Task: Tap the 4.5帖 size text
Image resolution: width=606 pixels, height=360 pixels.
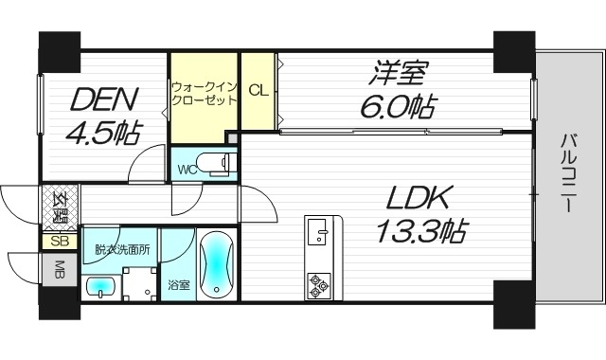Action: click(102, 132)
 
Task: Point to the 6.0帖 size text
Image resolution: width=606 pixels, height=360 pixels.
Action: click(399, 105)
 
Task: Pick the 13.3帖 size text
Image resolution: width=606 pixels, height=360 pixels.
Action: click(422, 230)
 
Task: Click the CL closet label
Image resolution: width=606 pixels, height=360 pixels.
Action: click(258, 90)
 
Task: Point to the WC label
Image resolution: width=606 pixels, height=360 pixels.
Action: click(187, 171)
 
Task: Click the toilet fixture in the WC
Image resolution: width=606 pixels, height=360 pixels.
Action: click(219, 164)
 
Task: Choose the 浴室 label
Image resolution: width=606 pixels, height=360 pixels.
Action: click(177, 282)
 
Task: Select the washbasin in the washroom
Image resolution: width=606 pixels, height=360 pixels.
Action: click(100, 284)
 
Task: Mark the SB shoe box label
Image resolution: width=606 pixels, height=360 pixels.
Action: click(59, 241)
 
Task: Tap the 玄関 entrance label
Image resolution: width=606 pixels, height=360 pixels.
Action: click(59, 207)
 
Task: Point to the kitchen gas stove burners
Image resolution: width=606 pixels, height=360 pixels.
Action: click(317, 281)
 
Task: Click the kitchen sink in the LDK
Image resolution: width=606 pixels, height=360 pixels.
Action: click(317, 230)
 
